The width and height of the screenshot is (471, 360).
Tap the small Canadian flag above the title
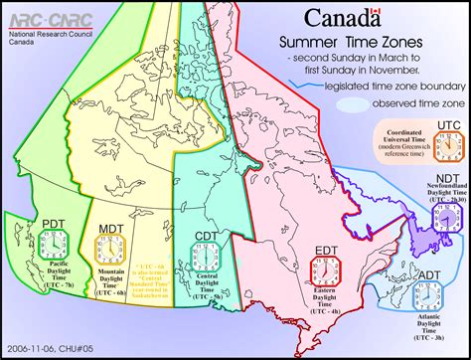[x=375, y=12]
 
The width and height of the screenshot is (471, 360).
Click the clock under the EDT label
[x=324, y=270]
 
